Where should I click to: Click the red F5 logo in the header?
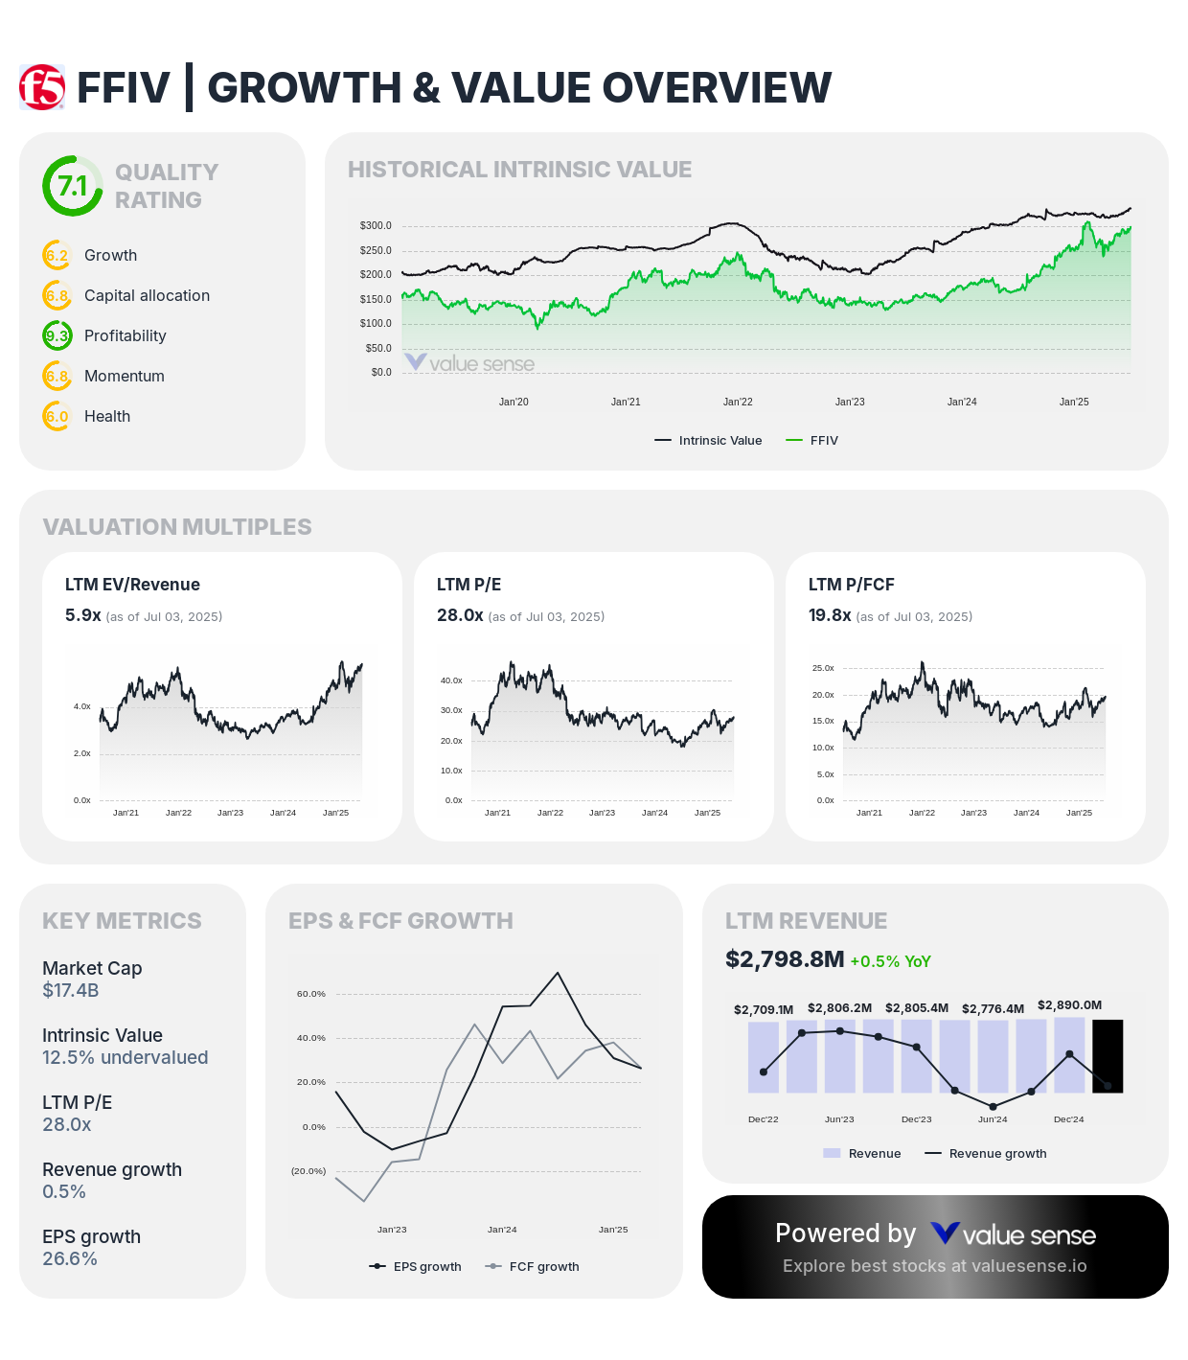pyautogui.click(x=42, y=87)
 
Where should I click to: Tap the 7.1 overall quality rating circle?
pyautogui.click(x=73, y=186)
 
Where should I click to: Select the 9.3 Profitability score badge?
pyautogui.click(x=57, y=335)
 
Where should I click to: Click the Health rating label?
pyautogui.click(x=107, y=416)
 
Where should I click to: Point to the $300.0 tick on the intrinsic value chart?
pyautogui.click(x=376, y=226)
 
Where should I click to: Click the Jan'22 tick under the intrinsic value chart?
pyautogui.click(x=738, y=402)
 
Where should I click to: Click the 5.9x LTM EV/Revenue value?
pyautogui.click(x=83, y=615)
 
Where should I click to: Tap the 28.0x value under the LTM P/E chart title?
pyautogui.click(x=460, y=615)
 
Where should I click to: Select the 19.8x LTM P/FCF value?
pyautogui.click(x=830, y=615)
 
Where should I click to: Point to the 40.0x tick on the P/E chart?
pyautogui.click(x=451, y=680)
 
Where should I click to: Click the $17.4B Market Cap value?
pyautogui.click(x=71, y=990)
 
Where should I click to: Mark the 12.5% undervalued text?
pyautogui.click(x=125, y=1057)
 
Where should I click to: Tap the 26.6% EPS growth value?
pyautogui.click(x=70, y=1258)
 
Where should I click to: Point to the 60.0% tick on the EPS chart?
pyautogui.click(x=311, y=994)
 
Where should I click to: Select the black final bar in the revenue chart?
pyautogui.click(x=1108, y=1056)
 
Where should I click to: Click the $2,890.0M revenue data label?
pyautogui.click(x=1069, y=1005)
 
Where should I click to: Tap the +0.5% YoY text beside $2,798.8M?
pyautogui.click(x=890, y=961)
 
